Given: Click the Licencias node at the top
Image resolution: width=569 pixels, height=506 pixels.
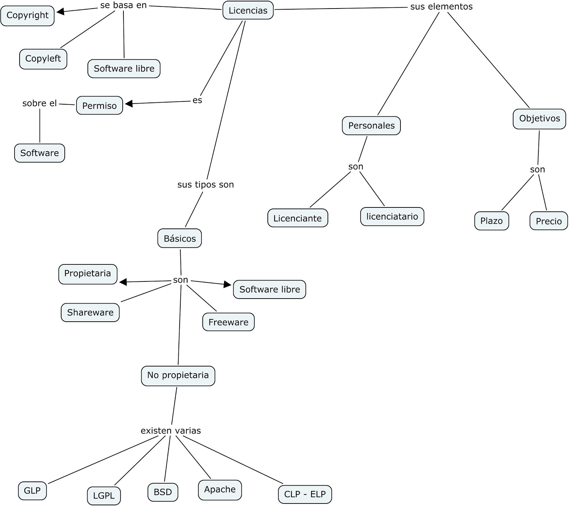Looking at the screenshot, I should tap(248, 10).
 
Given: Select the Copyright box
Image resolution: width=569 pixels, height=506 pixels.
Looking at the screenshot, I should tap(27, 15).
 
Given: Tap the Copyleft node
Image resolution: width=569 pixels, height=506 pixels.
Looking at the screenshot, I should tap(43, 59).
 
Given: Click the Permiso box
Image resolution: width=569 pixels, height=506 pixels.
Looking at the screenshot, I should tap(99, 106).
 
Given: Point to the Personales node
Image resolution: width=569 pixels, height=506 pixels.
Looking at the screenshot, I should tap(371, 126).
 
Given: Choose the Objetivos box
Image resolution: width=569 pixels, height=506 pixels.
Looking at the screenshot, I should tap(539, 118).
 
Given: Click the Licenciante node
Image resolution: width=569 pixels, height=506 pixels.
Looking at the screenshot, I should tap(297, 218).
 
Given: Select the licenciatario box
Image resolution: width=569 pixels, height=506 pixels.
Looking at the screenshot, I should tap(392, 216).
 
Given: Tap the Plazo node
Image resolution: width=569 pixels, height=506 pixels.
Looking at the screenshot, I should tap(491, 221).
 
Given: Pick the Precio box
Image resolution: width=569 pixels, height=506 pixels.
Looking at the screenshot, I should tap(548, 221).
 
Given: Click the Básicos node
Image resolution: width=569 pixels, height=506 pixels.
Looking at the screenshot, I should tap(180, 238).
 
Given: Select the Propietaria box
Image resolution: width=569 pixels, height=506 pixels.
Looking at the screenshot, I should tap(87, 274).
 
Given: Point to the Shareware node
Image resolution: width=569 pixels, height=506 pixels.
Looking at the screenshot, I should tap(90, 312).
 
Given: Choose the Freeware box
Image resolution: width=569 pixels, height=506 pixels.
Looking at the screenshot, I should tap(228, 322).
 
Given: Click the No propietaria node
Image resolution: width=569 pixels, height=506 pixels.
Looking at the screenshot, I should tap(178, 375).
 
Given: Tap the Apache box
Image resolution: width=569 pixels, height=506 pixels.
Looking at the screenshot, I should tap(220, 490).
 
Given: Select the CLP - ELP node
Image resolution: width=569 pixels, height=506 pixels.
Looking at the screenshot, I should tap(305, 494).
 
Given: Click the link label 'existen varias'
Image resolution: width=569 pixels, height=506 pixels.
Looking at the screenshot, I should tap(171, 431).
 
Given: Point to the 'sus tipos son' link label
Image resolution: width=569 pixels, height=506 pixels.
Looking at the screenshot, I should tap(206, 185).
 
